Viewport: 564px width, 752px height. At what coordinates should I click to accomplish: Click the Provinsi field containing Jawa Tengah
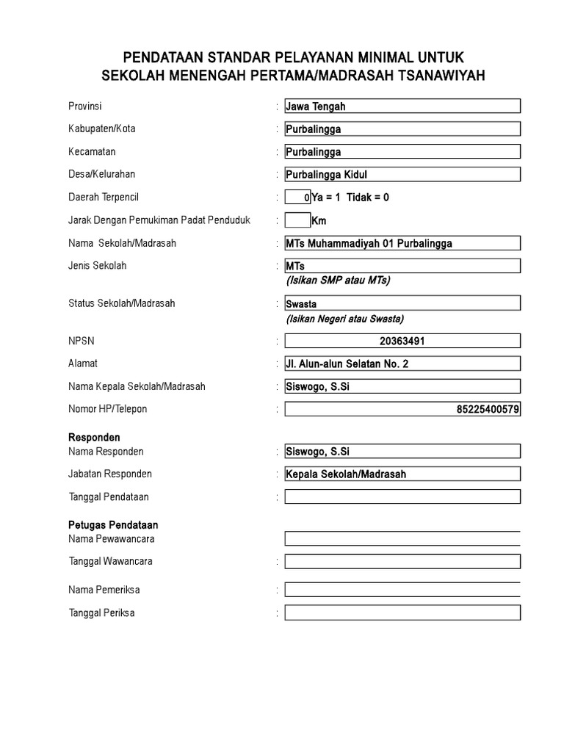click(x=402, y=106)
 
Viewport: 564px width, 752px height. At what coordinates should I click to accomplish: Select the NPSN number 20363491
click(x=402, y=341)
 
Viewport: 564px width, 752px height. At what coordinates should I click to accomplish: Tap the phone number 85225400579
click(x=488, y=409)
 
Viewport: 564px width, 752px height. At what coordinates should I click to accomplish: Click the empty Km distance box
click(x=297, y=220)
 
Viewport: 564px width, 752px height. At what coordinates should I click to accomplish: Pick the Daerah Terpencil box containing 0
click(x=297, y=198)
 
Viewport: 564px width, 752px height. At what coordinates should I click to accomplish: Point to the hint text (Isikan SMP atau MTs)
click(x=339, y=281)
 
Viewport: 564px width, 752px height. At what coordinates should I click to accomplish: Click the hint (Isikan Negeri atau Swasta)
click(x=344, y=319)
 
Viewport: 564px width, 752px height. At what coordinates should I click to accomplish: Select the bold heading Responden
click(x=94, y=438)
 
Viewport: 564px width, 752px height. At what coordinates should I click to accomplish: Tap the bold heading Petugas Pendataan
click(x=113, y=525)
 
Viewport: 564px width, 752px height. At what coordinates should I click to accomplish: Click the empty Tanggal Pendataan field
click(x=402, y=497)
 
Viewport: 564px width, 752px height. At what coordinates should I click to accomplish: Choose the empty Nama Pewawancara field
click(x=402, y=539)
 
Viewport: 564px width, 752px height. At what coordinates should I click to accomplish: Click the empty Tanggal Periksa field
click(x=402, y=613)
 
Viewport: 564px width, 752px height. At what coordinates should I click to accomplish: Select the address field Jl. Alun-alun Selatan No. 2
click(x=402, y=364)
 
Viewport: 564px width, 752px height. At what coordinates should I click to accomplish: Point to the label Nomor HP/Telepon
click(x=107, y=409)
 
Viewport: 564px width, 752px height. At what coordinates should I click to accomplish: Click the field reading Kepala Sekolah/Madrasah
click(x=402, y=474)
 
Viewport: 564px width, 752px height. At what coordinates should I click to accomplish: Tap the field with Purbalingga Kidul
click(x=402, y=175)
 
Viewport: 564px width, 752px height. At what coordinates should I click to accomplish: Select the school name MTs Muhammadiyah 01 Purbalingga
click(x=402, y=243)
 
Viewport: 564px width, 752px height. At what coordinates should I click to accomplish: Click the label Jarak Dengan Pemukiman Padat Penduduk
click(x=159, y=220)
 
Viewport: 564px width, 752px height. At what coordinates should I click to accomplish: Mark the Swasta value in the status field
click(x=301, y=303)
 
